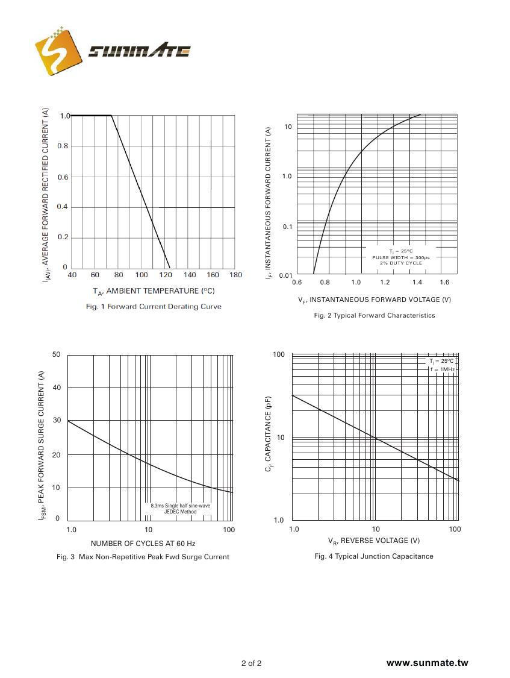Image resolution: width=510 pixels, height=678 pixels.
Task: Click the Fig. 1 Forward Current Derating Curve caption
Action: [x=154, y=307]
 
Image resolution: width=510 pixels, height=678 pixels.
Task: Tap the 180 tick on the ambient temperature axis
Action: [x=235, y=275]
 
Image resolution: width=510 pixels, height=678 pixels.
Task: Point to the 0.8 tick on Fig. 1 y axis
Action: [x=63, y=146]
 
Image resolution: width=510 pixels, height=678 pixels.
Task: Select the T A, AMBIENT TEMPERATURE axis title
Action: [x=154, y=291]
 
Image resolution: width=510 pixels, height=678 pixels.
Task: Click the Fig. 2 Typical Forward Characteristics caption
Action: [x=374, y=315]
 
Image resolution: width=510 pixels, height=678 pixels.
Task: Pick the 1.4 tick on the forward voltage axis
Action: [x=415, y=283]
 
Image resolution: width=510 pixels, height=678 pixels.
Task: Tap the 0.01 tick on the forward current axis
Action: [x=285, y=276]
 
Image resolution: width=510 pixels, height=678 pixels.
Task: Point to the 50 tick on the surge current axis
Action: [x=56, y=354]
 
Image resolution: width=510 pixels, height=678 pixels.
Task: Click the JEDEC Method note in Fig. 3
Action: [x=180, y=512]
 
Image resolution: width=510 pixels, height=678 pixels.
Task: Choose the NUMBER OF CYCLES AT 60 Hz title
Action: [x=143, y=543]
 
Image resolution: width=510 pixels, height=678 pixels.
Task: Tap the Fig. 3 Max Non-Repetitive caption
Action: [x=143, y=557]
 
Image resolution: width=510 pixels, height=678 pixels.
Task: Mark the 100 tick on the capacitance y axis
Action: [x=279, y=354]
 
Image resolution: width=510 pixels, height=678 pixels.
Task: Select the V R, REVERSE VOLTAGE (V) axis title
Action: [x=374, y=541]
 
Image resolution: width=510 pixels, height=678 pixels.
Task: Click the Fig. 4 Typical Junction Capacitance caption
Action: [x=374, y=556]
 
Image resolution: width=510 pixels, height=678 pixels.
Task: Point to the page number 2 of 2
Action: [x=251, y=664]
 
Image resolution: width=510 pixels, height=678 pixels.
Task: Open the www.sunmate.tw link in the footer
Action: [x=427, y=663]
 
